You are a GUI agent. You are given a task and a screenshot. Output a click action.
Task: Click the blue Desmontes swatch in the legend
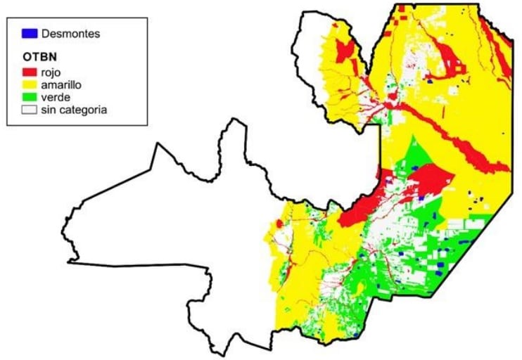click(x=30, y=33)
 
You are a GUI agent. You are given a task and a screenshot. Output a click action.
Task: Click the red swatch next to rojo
click(x=30, y=72)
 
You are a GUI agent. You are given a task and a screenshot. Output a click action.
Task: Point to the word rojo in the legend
click(x=53, y=72)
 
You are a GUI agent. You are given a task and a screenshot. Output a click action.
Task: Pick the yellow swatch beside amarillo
click(x=30, y=85)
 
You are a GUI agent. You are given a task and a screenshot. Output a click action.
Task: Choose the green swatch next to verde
click(x=30, y=98)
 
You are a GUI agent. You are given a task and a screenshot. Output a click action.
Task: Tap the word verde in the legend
click(x=56, y=98)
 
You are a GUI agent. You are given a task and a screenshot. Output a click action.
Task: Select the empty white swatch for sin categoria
click(x=30, y=110)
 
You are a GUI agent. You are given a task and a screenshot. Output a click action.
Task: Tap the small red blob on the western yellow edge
click(x=279, y=223)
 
